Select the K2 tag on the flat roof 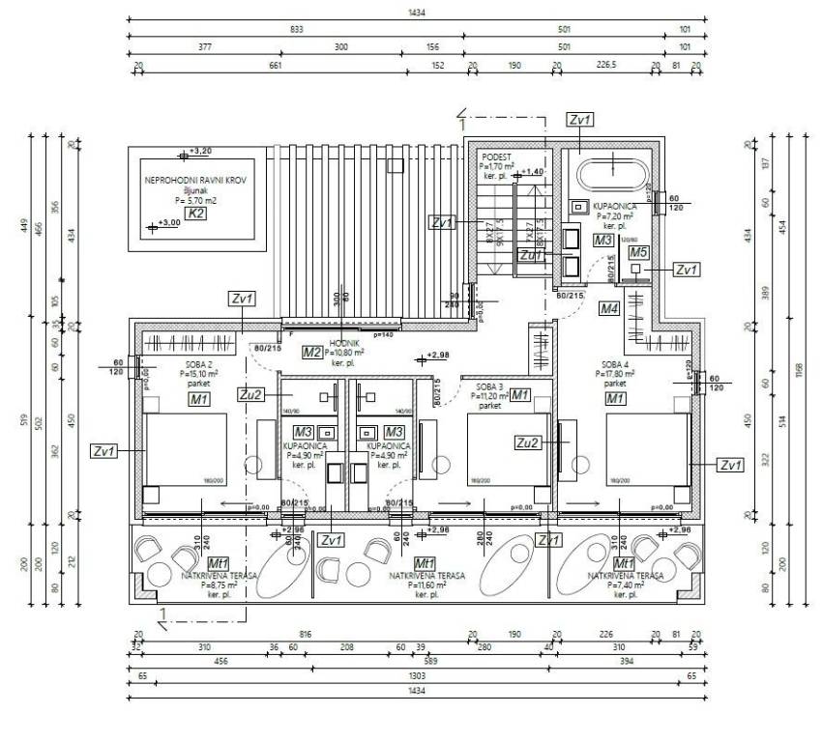tap(196, 214)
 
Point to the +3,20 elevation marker tap(199, 152)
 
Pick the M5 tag tap(637, 252)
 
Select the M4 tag tap(608, 309)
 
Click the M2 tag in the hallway tap(311, 353)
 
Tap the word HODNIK tap(345, 344)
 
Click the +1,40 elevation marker tap(533, 172)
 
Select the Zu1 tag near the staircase tap(530, 255)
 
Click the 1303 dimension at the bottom tap(418, 677)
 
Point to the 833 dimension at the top tap(296, 29)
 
